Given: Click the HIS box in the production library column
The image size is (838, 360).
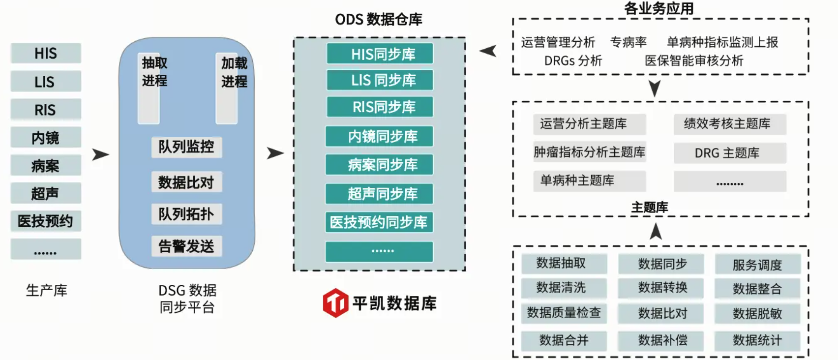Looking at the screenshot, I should click(x=46, y=53).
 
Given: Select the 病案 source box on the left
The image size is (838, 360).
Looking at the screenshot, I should click(x=46, y=166).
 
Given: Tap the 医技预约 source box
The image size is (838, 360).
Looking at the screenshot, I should click(x=46, y=221).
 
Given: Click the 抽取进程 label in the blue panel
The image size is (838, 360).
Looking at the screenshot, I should click(x=154, y=72).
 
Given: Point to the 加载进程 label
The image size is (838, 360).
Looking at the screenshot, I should click(x=234, y=72).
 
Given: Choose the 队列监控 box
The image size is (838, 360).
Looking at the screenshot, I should click(x=186, y=147).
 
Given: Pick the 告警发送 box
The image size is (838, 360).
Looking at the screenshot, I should click(x=186, y=246).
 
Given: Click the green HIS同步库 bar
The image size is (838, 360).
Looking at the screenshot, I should click(x=380, y=54).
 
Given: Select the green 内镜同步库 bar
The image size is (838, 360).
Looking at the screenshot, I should click(x=379, y=136).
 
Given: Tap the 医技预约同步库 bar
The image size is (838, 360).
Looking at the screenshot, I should click(x=379, y=222).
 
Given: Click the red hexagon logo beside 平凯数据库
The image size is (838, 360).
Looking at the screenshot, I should click(x=335, y=303).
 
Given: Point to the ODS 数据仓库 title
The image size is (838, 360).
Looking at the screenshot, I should click(x=379, y=19).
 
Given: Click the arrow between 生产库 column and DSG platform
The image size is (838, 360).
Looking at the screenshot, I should click(x=100, y=154).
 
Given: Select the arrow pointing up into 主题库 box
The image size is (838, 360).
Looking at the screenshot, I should click(x=656, y=231).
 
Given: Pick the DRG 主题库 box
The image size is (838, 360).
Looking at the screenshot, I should click(x=730, y=153).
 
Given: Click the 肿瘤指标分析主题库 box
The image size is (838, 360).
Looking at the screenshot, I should click(x=589, y=152).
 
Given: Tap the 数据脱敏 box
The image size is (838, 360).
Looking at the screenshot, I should click(x=757, y=314).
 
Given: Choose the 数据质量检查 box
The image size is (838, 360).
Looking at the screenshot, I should click(x=564, y=313).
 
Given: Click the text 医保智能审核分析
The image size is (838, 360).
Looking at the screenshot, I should click(x=693, y=60).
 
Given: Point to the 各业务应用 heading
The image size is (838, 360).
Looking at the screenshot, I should click(x=658, y=8).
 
